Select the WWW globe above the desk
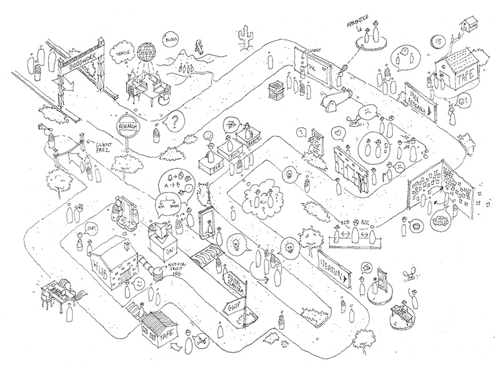148,50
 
